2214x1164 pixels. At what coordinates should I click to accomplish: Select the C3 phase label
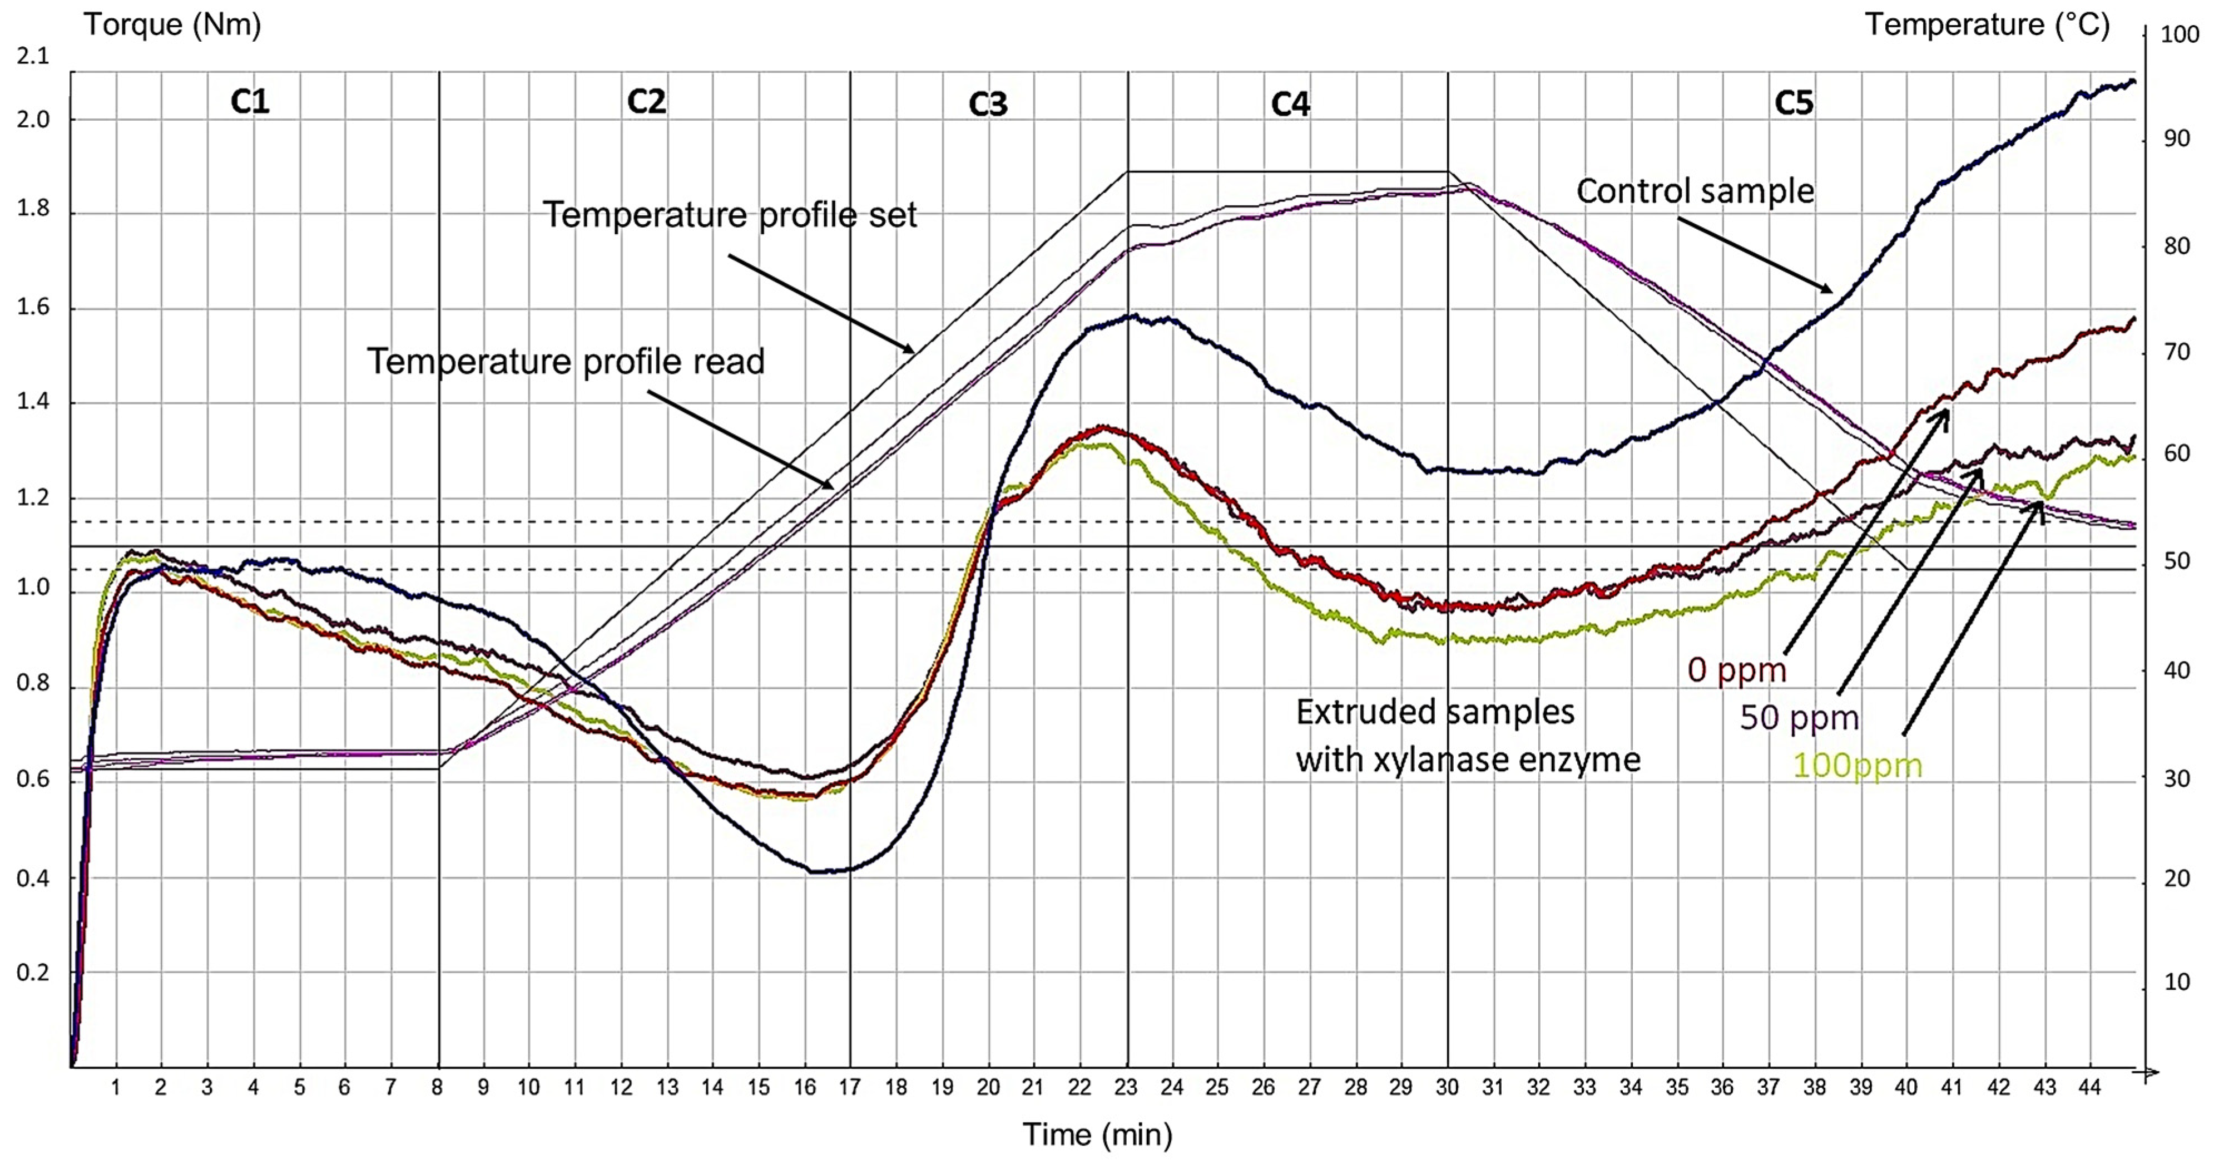[x=988, y=104]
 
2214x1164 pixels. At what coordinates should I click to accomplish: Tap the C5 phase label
[x=1794, y=103]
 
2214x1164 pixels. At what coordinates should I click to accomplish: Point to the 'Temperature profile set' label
[x=730, y=215]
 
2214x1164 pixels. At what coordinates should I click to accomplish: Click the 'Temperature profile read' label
[x=566, y=361]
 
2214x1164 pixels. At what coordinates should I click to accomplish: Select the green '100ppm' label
[x=1856, y=765]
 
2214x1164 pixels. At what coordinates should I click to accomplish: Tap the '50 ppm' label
[x=1799, y=717]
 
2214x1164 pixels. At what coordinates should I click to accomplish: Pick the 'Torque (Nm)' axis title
[x=172, y=24]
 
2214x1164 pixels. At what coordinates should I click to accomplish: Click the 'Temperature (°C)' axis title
[x=1986, y=24]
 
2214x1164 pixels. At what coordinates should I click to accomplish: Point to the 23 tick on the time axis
[x=1125, y=1087]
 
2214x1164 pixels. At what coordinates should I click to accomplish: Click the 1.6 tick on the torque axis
[x=33, y=307]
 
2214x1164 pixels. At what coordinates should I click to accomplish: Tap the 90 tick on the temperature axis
[x=2176, y=139]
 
